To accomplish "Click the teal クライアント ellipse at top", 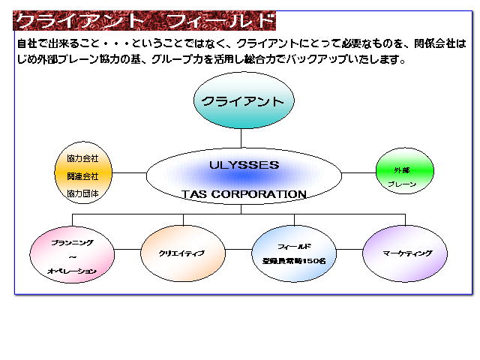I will (244, 100).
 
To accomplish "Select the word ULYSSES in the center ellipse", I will (244, 165).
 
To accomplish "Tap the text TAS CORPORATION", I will (244, 194).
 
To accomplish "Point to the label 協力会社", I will (82, 159).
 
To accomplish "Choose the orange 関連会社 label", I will (82, 176).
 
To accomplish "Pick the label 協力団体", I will (82, 193).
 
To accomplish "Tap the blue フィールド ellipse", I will (294, 253).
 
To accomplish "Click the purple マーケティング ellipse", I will (406, 253).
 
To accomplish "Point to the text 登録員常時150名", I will (294, 262).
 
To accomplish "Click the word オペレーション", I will (72, 271).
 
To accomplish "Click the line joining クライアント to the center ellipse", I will (241, 137).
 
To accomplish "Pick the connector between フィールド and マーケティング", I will (349, 248).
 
